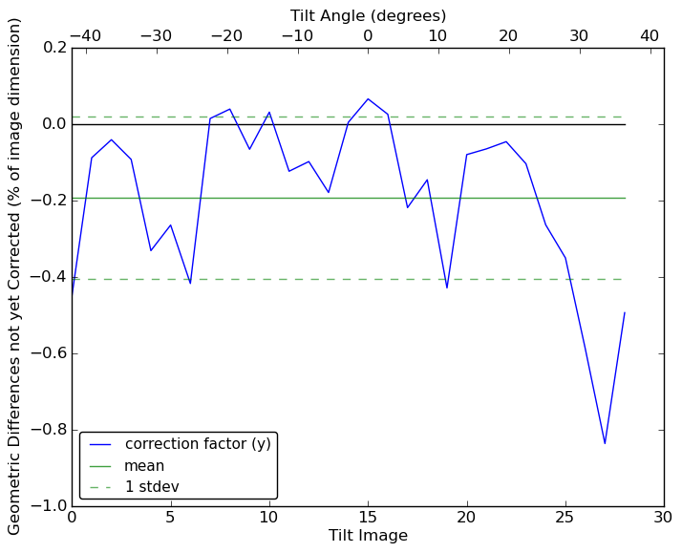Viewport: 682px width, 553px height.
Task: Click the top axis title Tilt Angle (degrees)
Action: [368, 15]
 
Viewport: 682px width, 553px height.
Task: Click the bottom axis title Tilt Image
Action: [368, 536]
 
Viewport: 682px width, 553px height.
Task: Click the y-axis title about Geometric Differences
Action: [15, 276]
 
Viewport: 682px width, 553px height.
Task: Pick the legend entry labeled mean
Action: [144, 466]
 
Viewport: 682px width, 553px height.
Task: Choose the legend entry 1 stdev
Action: [152, 487]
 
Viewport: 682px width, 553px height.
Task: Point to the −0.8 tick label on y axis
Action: [45, 430]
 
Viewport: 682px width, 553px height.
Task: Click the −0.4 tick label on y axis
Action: [45, 277]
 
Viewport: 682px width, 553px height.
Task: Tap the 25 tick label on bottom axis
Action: [565, 518]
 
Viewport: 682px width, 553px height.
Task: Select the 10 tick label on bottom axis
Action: [269, 518]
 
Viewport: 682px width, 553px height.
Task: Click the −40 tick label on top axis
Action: [85, 35]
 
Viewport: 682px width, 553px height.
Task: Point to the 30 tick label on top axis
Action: [579, 35]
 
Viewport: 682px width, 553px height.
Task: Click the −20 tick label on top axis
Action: [226, 35]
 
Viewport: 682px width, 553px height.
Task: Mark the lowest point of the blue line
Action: [605, 443]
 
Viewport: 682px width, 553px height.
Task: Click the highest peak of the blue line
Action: [368, 98]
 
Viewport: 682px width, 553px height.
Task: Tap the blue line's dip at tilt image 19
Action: [447, 287]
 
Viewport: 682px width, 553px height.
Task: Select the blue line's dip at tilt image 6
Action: [190, 284]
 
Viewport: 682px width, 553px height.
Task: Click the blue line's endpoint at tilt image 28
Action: [625, 312]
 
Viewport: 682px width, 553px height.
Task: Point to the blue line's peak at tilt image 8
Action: [229, 109]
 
